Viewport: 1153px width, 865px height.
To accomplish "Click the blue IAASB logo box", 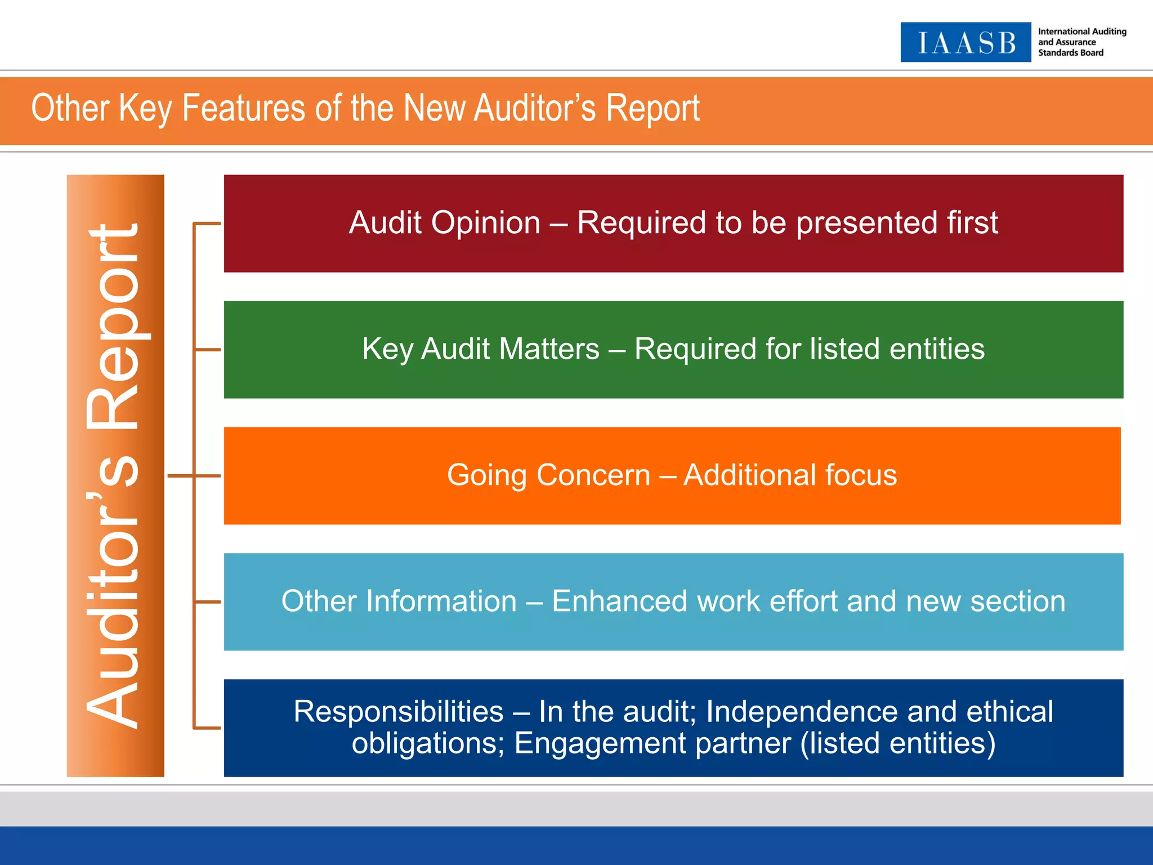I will coord(966,42).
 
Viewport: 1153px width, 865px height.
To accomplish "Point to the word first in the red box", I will coord(972,222).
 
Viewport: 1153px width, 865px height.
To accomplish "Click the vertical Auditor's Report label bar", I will coord(115,475).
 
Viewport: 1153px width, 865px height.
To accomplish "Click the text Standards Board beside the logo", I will coord(1070,53).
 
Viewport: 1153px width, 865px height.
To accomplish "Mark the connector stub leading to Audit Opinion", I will coord(207,224).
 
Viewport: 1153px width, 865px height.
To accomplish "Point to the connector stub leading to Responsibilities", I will coord(207,728).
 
